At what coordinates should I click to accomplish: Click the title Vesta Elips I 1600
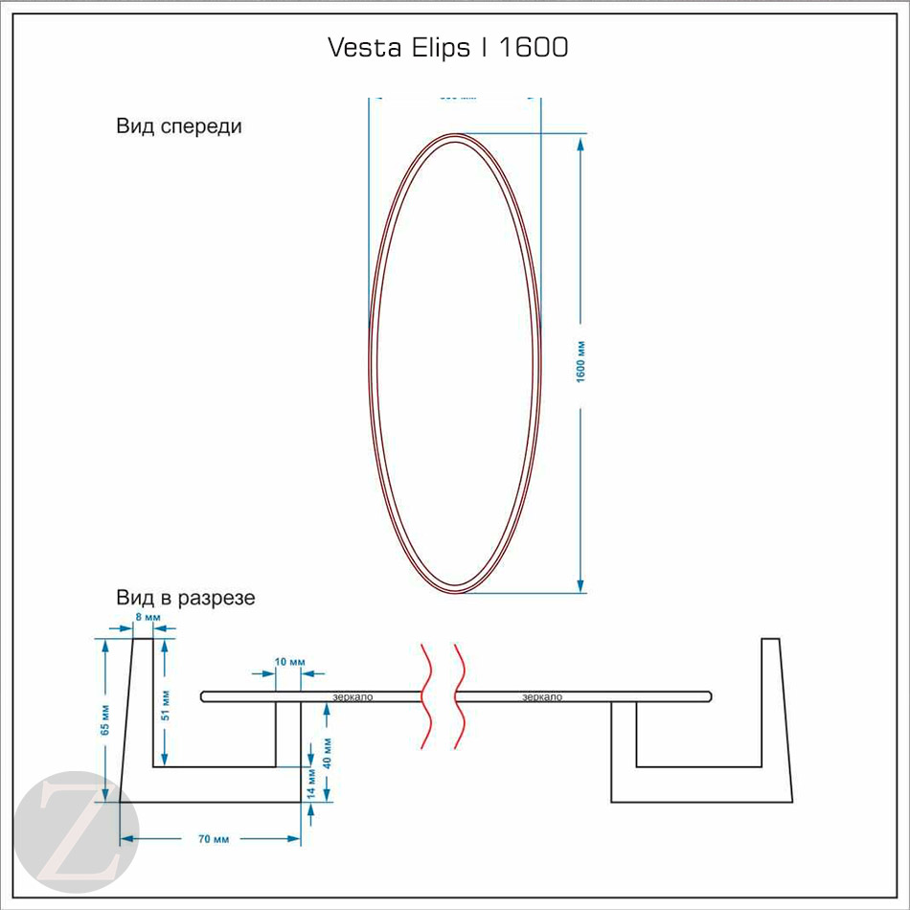[448, 48]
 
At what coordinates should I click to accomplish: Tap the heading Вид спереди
[179, 126]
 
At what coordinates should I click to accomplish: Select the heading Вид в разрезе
[186, 599]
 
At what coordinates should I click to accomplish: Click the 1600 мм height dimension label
[580, 362]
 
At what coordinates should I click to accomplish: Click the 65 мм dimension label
[104, 719]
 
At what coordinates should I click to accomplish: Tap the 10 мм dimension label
[289, 662]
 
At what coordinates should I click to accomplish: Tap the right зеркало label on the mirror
[542, 696]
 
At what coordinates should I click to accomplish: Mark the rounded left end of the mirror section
[204, 696]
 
